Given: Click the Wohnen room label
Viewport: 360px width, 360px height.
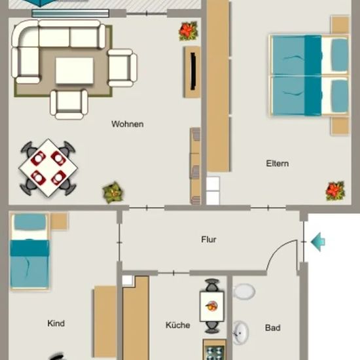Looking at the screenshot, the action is tap(128, 124).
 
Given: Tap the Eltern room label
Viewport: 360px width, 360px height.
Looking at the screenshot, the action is tap(278, 164).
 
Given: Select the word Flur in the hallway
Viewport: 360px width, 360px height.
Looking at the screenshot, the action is tap(209, 240).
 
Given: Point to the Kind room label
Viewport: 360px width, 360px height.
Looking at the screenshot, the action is tap(56, 323).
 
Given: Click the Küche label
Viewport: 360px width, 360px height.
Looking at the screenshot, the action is tap(177, 325).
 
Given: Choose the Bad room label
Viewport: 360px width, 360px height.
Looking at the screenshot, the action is tap(273, 328).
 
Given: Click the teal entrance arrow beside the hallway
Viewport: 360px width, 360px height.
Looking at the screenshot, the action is tap(317, 242).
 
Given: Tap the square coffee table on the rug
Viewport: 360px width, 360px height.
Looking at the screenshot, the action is tap(75, 71).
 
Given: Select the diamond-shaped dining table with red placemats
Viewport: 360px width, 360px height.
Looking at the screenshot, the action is tap(48, 168).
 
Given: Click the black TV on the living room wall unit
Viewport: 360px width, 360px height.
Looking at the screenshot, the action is tap(193, 71).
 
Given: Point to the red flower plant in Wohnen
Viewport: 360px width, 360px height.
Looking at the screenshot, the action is tap(189, 31).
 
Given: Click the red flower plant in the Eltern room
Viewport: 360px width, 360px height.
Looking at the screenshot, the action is tap(335, 191).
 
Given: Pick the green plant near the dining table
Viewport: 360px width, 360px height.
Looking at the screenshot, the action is tap(113, 192).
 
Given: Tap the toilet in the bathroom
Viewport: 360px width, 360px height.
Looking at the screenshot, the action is tap(244, 291).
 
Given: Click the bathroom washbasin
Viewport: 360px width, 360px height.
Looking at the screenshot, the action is tap(241, 333).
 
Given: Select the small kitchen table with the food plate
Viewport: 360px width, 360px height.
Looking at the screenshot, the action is tap(211, 306).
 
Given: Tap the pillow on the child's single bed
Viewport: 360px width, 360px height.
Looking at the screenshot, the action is tap(30, 223).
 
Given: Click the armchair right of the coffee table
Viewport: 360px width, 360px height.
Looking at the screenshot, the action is tap(122, 68).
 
